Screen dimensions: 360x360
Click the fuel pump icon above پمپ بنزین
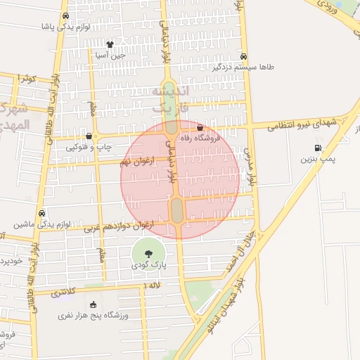(319, 148)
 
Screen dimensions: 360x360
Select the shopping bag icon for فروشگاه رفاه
(201, 128)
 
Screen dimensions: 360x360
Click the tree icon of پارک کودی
(148, 255)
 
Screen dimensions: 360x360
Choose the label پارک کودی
(148, 268)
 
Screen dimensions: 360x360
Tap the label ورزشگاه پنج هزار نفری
(94, 316)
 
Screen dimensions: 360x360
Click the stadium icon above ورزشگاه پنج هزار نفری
(94, 304)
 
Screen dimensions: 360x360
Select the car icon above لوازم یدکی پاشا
(65, 15)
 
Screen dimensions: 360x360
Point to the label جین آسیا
(111, 54)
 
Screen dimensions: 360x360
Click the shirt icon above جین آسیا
(110, 43)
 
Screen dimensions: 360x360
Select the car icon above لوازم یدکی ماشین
(42, 213)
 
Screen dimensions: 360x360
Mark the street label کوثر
(27, 79)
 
